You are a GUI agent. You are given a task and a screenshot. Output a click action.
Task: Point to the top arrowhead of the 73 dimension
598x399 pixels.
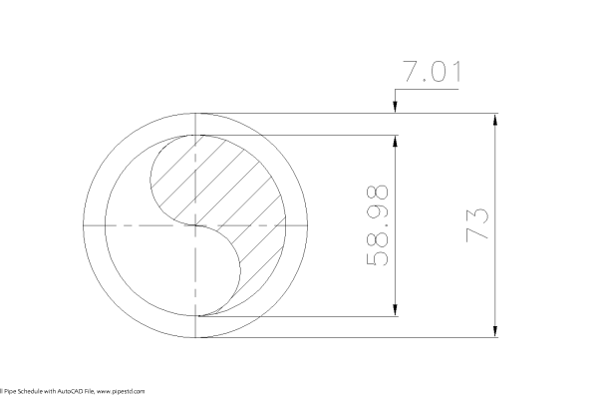(x=495, y=121)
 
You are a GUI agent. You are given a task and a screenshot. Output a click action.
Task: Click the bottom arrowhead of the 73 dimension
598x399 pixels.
(x=495, y=332)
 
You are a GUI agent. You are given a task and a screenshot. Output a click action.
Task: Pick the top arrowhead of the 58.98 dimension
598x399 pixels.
(x=397, y=142)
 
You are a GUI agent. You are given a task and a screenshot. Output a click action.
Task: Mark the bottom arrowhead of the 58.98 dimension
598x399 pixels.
(x=397, y=311)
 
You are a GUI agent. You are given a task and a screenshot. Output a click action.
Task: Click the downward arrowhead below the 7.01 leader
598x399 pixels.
(x=397, y=108)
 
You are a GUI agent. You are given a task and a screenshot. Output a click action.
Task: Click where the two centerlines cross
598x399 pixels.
(x=198, y=226)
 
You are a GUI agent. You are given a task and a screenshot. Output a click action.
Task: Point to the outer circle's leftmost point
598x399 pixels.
(x=87, y=226)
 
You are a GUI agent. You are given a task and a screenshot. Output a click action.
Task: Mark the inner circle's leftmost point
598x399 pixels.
(x=107, y=226)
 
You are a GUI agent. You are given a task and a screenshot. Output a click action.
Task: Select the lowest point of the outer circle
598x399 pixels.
(x=198, y=338)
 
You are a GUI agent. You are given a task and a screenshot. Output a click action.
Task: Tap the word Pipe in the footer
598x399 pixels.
(x=8, y=392)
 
